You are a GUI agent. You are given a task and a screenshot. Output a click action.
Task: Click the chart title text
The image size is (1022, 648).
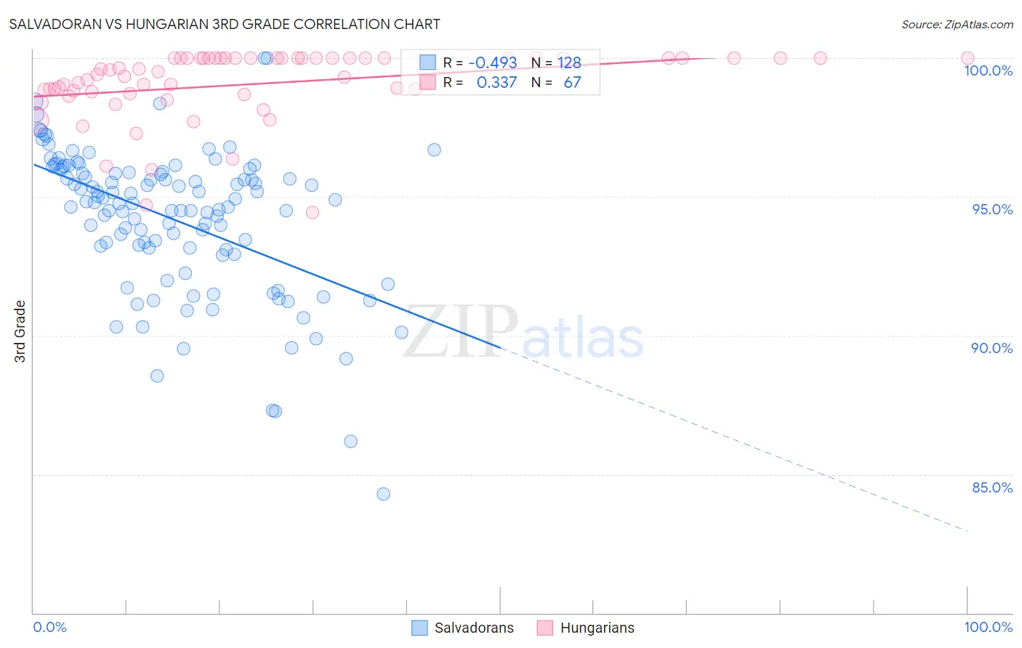[x=224, y=24]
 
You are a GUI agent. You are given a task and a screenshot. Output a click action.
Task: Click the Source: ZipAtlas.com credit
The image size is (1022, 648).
[x=957, y=25]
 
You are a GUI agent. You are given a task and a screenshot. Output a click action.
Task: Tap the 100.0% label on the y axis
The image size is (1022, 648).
[x=988, y=70]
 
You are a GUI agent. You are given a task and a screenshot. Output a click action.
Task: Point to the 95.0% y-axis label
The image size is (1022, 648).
[x=992, y=209]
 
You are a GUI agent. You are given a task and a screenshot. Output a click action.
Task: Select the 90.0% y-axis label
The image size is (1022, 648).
[x=991, y=348]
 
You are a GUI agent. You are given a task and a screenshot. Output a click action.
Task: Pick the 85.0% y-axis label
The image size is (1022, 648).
[x=991, y=487]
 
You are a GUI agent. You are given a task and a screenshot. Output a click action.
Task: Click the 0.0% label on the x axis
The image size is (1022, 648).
[x=49, y=627]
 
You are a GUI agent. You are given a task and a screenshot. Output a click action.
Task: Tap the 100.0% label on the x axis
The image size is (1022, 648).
[x=988, y=627]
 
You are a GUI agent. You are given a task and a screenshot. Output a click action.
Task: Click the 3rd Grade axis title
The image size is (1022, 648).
[x=20, y=331]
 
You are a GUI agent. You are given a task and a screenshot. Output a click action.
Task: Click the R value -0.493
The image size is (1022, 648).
[x=492, y=63]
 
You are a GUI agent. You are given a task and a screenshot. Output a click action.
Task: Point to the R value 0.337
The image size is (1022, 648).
[x=496, y=82]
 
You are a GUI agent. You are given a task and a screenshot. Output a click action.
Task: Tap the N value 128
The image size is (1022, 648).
[x=569, y=63]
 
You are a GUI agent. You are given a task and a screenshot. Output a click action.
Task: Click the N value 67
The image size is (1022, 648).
[x=572, y=82]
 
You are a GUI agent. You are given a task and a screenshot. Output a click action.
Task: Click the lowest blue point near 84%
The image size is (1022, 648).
[x=383, y=494]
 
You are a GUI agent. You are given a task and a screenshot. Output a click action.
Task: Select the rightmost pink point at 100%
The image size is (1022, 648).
[x=967, y=58]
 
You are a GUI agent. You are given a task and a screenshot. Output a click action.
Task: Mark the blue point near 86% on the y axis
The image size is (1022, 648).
[x=350, y=441]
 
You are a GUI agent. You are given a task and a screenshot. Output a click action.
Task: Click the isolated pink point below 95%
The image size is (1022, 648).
[x=313, y=212]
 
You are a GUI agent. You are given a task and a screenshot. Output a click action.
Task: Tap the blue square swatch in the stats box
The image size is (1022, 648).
[x=427, y=63]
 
